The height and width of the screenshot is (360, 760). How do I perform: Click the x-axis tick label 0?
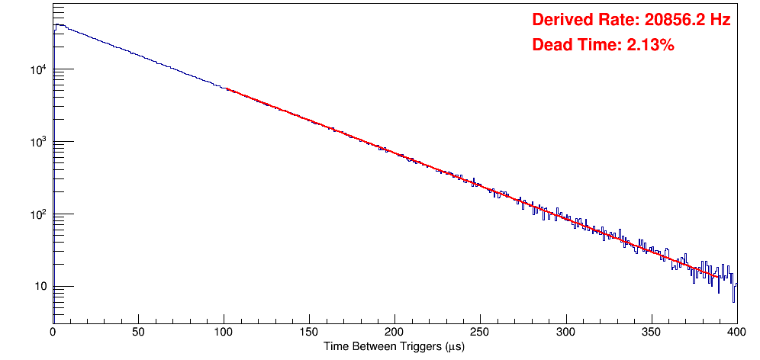pyautogui.click(x=53, y=332)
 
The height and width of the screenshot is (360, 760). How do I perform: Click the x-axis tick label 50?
pyautogui.click(x=138, y=332)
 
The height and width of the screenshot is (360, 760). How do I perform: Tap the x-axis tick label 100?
pyautogui.click(x=224, y=332)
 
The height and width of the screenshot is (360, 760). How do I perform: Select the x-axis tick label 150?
pyautogui.click(x=309, y=332)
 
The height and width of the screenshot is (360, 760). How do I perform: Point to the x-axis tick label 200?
pyautogui.click(x=394, y=332)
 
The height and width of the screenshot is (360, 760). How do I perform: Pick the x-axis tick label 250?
pyautogui.click(x=480, y=332)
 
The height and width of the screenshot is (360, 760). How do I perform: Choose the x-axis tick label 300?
pyautogui.click(x=565, y=332)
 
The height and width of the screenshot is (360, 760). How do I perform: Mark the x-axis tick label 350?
pyautogui.click(x=651, y=332)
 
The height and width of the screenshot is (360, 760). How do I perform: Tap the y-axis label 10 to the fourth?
pyautogui.click(x=39, y=69)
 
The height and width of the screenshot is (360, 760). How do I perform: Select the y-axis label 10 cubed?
pyautogui.click(x=39, y=142)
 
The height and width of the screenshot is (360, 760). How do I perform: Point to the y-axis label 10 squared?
pyautogui.click(x=39, y=214)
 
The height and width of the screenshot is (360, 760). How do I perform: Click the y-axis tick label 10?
pyautogui.click(x=40, y=287)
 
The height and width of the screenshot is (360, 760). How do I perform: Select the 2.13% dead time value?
pyautogui.click(x=650, y=45)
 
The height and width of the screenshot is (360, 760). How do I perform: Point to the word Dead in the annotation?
pyautogui.click(x=549, y=45)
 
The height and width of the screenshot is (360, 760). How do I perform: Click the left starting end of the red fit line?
pyautogui.click(x=227, y=89)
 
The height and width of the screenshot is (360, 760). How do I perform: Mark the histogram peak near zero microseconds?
pyautogui.click(x=57, y=25)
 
